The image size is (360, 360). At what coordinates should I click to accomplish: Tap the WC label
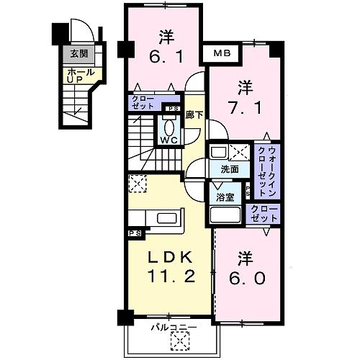tap(170, 140)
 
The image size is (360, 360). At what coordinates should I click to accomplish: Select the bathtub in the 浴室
tap(225, 215)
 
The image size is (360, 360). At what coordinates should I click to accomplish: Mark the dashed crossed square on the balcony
tap(170, 344)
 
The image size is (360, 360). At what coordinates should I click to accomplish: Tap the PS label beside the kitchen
tap(135, 233)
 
